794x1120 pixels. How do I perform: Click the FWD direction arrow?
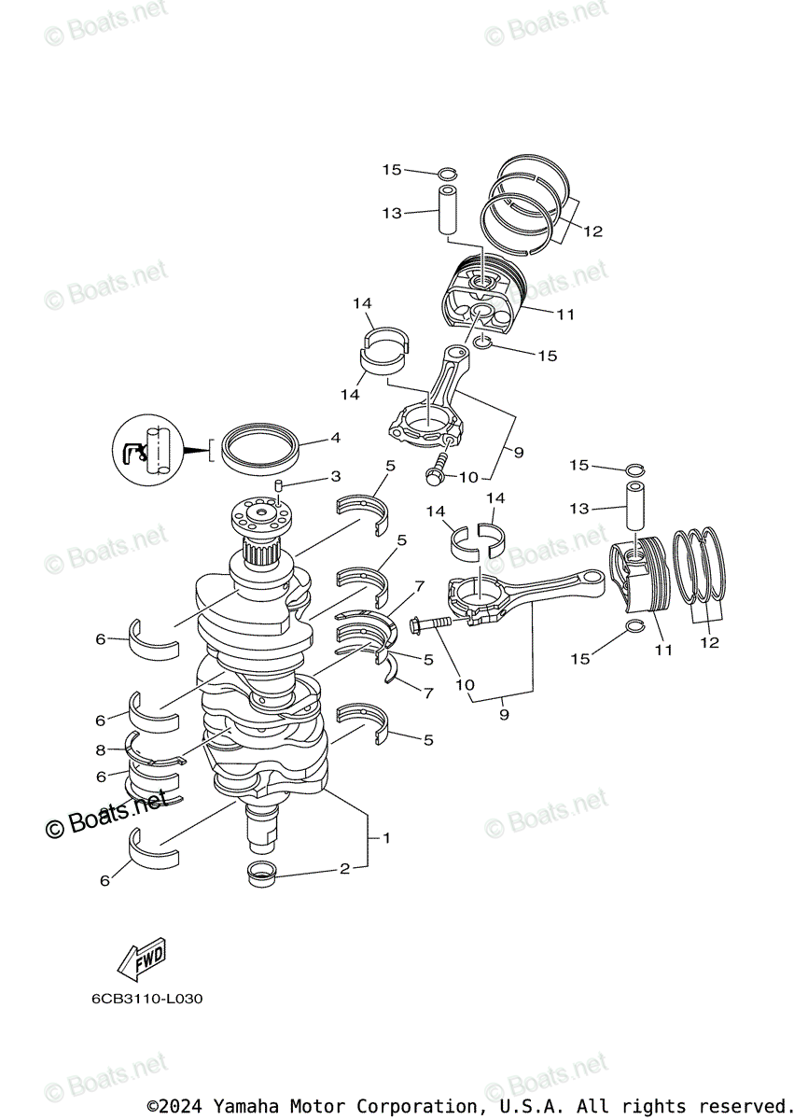(x=141, y=959)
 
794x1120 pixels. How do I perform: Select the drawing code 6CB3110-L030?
(x=146, y=999)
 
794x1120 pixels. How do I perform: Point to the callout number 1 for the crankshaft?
(x=385, y=838)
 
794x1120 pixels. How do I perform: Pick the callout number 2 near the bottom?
(x=343, y=869)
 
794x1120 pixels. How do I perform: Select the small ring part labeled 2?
(x=261, y=875)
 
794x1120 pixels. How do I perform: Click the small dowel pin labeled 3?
(x=278, y=485)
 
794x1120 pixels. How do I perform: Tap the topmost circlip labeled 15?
(x=447, y=173)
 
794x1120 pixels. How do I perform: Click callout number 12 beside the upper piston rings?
(x=593, y=231)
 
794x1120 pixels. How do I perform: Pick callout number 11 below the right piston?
(x=662, y=650)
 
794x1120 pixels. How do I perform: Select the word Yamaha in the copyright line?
(x=245, y=1106)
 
